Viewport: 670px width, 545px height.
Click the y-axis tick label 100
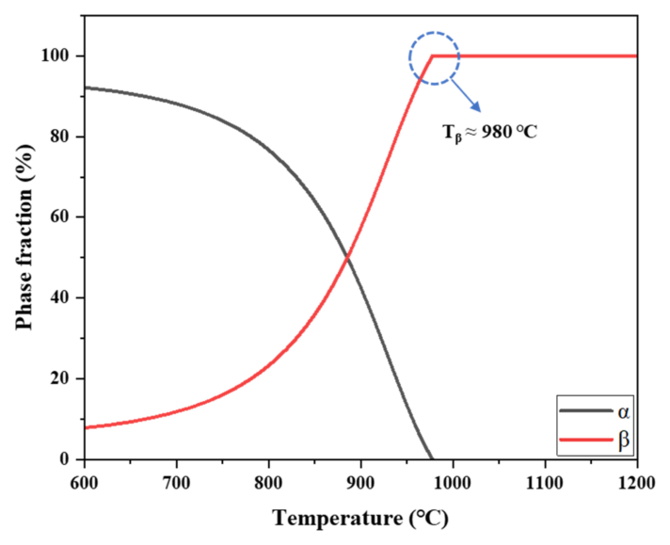click(59, 56)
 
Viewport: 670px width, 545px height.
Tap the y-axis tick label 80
click(63, 137)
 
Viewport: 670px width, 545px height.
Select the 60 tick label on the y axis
click(63, 217)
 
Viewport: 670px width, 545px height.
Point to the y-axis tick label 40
click(63, 298)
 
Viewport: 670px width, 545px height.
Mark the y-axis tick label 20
click(63, 379)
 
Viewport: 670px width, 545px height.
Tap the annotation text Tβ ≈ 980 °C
click(491, 131)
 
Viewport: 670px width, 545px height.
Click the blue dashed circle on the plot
click(434, 58)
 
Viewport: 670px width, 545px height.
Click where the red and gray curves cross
click(348, 257)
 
